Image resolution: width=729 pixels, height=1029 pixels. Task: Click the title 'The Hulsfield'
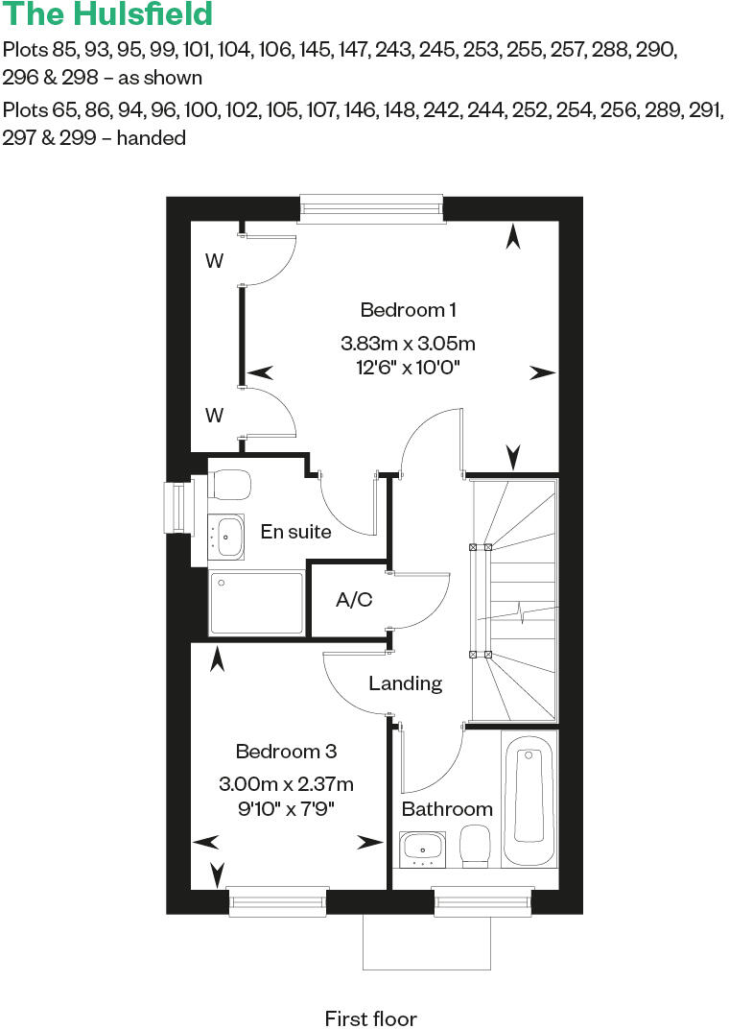[x=107, y=14]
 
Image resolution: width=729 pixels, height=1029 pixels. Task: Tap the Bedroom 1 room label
[x=408, y=310]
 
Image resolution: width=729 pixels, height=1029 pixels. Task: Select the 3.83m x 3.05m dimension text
[x=408, y=343]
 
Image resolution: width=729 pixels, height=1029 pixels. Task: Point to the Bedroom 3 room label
[x=286, y=751]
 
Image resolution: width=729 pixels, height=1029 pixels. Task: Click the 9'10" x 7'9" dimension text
[x=286, y=807]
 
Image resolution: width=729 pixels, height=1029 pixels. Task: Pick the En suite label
[x=295, y=531]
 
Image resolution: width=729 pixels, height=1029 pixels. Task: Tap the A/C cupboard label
[x=354, y=600]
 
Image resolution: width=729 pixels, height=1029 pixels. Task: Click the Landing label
[x=406, y=683]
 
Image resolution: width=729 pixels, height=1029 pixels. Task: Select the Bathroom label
[x=447, y=809]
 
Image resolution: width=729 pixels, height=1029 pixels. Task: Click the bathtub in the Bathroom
[x=529, y=797]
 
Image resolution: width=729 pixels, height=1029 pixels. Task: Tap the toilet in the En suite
[x=229, y=484]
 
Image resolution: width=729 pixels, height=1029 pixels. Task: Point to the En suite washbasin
[x=227, y=537]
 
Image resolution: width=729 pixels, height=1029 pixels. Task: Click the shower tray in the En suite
[x=256, y=603]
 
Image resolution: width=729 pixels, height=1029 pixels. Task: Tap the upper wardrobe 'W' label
[x=215, y=261]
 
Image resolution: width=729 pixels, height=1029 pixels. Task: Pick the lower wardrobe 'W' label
[x=215, y=415]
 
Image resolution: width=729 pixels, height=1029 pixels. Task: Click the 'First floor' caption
[x=371, y=1018]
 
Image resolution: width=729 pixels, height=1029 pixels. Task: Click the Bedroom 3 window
[x=277, y=901]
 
